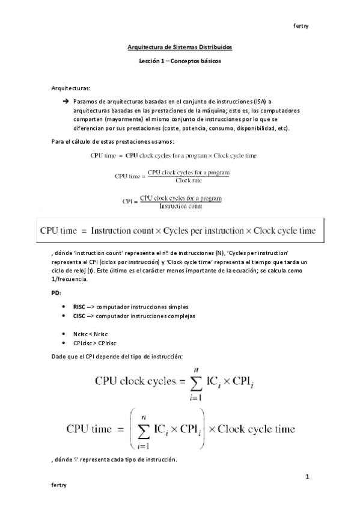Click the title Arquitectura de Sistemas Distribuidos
pyautogui.click(x=180, y=46)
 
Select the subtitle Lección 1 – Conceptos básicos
pyautogui.click(x=180, y=61)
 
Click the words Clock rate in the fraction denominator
pyautogui.click(x=188, y=180)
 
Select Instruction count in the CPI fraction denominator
pyautogui.click(x=180, y=206)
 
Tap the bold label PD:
pyautogui.click(x=56, y=292)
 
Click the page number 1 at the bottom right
pyautogui.click(x=307, y=477)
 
